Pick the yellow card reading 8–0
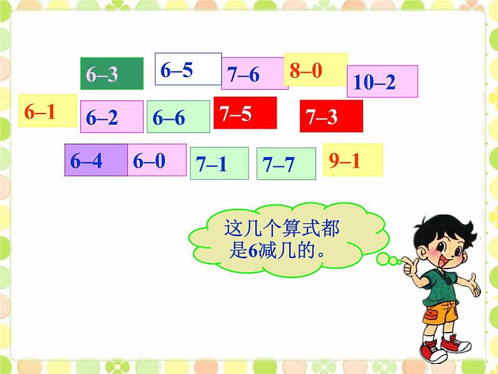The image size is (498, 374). pos(315,69)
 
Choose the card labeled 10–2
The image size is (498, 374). pos(382,82)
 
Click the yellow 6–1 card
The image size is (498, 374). pos(48,111)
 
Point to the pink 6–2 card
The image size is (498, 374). pos(112,117)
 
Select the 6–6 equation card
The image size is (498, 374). pos(178,117)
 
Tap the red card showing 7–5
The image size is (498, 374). pos(245,113)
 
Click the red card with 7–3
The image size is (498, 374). pos(331,116)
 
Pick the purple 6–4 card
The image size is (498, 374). pos(96,160)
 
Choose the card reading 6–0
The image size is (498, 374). pos(157,160)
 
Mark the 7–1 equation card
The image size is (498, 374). pos(219,164)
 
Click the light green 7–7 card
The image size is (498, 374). pos(286,164)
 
